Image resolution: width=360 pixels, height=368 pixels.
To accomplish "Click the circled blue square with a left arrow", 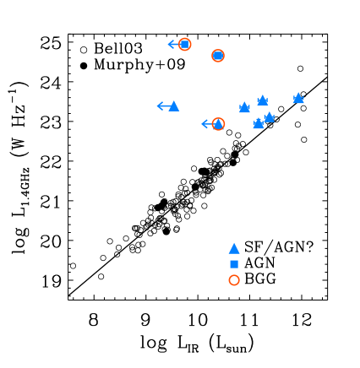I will tap(184, 44).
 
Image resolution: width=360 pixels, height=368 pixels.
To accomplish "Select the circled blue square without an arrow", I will tap(218, 56).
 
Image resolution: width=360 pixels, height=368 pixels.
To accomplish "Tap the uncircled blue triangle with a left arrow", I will tap(174, 106).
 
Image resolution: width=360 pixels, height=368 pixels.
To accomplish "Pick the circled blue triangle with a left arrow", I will tap(218, 124).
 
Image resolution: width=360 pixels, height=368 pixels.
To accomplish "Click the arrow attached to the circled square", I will tap(174, 44).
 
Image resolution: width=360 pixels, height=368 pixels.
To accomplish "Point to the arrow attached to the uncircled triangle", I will tap(163, 106).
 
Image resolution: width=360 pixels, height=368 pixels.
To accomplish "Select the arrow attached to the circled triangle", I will tap(208, 124).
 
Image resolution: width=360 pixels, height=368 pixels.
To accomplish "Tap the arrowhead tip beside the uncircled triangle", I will tap(158, 106).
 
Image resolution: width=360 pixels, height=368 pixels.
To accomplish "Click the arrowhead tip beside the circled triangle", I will tap(202, 124).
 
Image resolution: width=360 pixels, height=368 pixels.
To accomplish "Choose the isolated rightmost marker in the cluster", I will tap(298, 99).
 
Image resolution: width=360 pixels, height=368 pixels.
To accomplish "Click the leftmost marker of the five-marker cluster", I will tap(244, 108).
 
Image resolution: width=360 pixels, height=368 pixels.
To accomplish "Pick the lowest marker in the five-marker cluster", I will tap(259, 124).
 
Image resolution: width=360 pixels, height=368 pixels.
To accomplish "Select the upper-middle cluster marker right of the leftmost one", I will tap(263, 101).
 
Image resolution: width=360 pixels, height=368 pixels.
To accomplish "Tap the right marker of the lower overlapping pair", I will tap(269, 117).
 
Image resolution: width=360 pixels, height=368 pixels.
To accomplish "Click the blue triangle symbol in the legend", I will tap(234, 249).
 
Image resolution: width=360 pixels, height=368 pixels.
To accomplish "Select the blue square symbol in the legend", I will tap(234, 264).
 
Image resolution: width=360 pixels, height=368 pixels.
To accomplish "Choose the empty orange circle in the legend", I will tap(234, 280).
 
